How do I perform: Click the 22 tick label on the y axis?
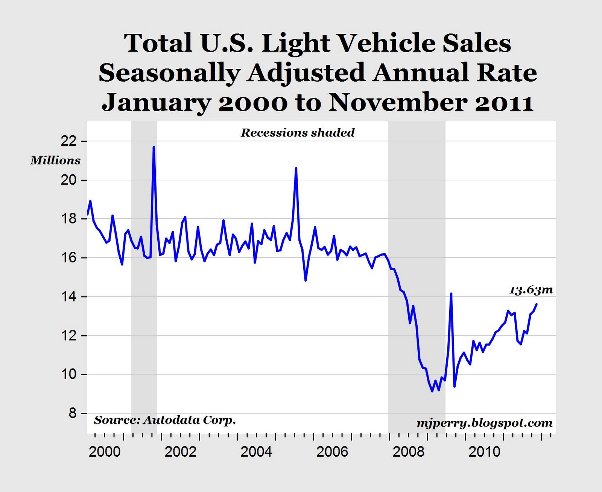(x=68, y=141)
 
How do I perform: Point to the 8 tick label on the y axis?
(x=72, y=413)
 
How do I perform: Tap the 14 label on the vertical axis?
(x=68, y=297)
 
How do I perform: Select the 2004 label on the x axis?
(x=256, y=451)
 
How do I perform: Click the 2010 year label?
(x=484, y=451)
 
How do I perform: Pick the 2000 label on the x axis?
(x=105, y=451)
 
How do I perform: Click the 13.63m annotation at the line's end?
(x=531, y=290)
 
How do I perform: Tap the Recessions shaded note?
(x=298, y=133)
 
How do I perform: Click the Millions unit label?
(x=55, y=160)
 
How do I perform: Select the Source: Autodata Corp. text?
(x=165, y=420)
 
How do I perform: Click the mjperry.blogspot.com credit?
(x=484, y=423)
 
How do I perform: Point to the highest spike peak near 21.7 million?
(x=154, y=147)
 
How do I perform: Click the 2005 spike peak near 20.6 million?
(x=296, y=168)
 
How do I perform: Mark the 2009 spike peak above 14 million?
(x=451, y=294)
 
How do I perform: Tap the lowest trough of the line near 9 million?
(x=432, y=391)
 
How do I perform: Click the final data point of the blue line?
(x=537, y=304)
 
